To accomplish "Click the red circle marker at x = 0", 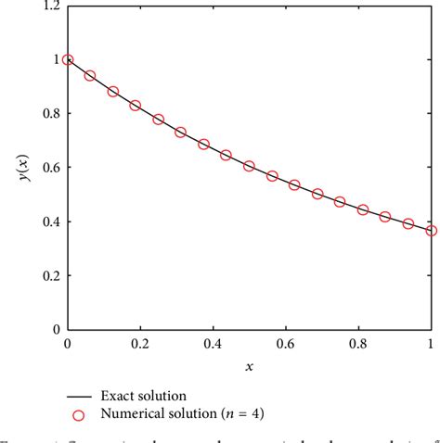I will click(67, 60).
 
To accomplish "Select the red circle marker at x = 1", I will click(432, 231).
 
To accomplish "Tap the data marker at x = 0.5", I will click(249, 166).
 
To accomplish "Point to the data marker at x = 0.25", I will click(158, 120).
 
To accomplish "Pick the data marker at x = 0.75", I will click(340, 202).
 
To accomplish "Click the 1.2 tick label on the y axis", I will click(49, 6).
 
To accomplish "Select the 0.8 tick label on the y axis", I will click(49, 114).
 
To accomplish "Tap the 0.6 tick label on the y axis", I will click(49, 168).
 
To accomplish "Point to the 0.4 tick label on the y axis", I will click(49, 221).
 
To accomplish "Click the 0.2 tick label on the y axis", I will click(49, 275).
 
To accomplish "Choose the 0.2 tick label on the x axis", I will click(139, 344).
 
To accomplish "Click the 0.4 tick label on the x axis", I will click(213, 344).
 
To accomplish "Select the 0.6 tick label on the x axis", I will click(285, 344).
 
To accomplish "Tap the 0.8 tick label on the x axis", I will click(358, 344).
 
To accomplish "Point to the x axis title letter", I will click(249, 366).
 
